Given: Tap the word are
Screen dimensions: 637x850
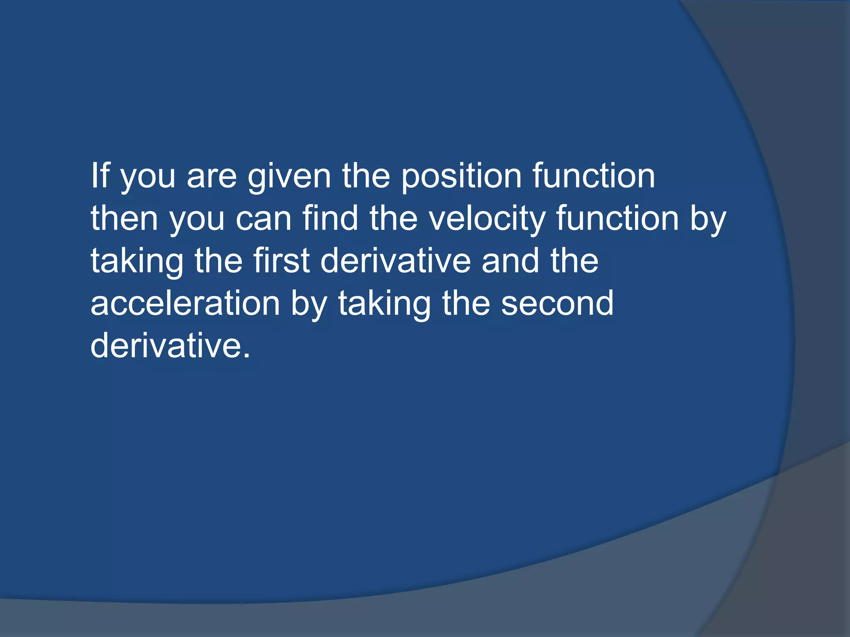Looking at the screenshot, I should (x=212, y=177).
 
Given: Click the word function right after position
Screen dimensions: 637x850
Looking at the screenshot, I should (x=594, y=176).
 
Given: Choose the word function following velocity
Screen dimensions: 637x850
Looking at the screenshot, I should (x=617, y=219).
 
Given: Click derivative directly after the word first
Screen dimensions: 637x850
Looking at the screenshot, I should (x=396, y=261).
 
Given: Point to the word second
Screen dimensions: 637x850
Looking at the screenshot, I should (x=557, y=304).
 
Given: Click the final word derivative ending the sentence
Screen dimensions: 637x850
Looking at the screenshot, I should (x=165, y=346).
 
